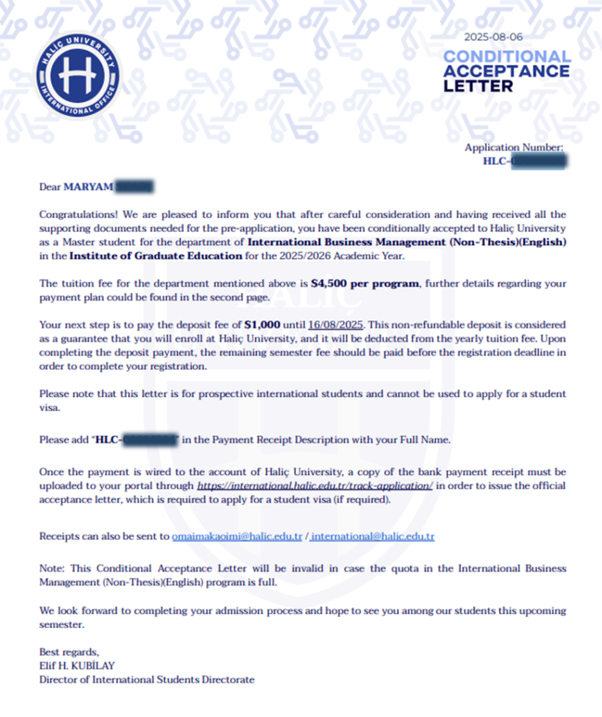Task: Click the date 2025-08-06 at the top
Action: [493, 36]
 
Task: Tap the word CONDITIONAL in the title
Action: [507, 56]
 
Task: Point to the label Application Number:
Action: [514, 148]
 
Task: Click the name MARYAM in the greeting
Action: [87, 186]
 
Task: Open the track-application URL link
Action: [315, 485]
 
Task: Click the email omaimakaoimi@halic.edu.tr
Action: [236, 537]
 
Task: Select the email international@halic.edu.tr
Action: [373, 537]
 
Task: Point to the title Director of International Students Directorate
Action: [147, 679]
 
